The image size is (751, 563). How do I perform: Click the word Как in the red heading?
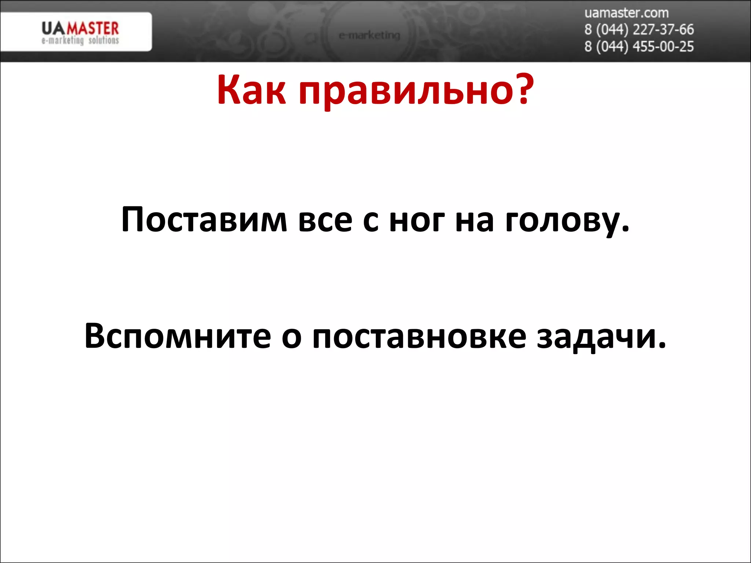(x=251, y=90)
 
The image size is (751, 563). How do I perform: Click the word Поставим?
(x=204, y=220)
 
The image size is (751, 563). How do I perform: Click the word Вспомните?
(x=177, y=336)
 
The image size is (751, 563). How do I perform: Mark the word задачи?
(x=601, y=337)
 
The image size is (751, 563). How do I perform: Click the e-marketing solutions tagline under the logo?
(x=80, y=40)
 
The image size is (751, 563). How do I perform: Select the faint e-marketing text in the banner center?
(x=369, y=36)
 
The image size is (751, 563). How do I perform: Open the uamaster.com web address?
(x=626, y=13)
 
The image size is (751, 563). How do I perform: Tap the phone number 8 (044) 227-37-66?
(x=639, y=30)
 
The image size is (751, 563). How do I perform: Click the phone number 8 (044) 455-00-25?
(x=639, y=47)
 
